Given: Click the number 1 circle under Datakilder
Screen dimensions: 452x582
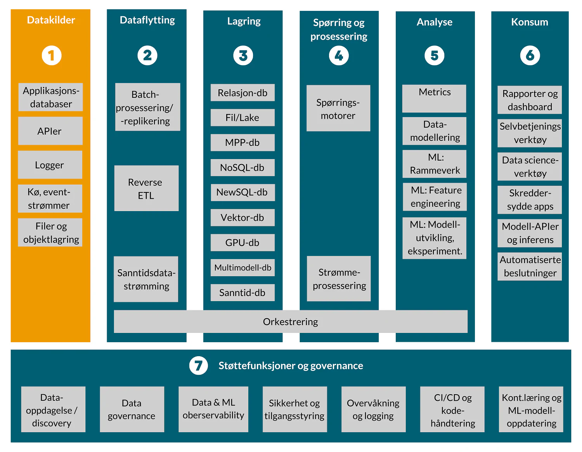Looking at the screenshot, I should tap(52, 55).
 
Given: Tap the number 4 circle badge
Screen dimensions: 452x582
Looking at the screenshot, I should tap(339, 55).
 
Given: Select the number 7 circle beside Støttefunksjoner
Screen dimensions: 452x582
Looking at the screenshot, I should tap(198, 365).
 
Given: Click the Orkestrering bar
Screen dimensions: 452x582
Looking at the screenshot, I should tap(290, 322).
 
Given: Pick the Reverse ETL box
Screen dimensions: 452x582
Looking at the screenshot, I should tap(146, 189).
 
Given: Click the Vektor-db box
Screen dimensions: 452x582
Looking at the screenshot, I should tap(242, 218).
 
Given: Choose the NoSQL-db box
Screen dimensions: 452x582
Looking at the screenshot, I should tap(242, 168).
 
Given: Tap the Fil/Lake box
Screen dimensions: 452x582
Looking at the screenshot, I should tap(242, 118).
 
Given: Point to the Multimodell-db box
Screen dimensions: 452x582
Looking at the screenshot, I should tap(242, 268).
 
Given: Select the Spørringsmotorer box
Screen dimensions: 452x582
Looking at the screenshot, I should tap(338, 109).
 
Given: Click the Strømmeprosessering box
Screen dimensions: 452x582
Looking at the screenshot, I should tap(339, 279).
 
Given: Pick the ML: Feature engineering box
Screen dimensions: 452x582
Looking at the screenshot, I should tap(435, 197).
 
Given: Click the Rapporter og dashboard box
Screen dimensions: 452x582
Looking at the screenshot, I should tap(530, 100).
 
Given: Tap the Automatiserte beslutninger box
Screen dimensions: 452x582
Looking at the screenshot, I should tap(530, 267).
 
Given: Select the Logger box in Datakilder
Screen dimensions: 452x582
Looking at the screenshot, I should tap(50, 165).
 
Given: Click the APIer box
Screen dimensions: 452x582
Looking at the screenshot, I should tap(50, 131).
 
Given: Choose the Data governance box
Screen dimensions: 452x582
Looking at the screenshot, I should tap(132, 409).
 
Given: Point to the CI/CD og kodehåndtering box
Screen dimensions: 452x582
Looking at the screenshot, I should tap(452, 410).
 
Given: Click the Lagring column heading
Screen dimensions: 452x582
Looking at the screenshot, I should tap(244, 21).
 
